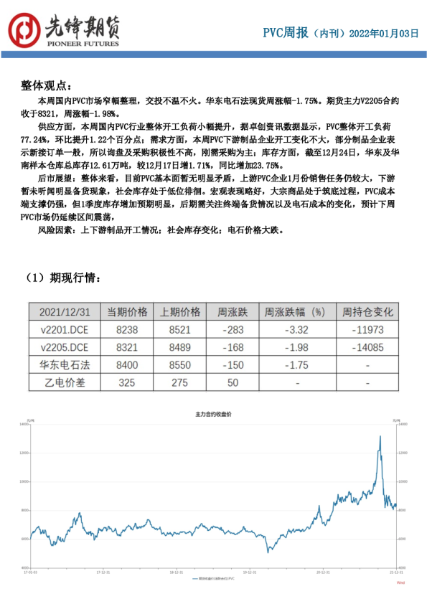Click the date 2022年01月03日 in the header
pos(383,33)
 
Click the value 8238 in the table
pos(126,329)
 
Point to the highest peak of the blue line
pos(380,436)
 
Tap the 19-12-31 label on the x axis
pos(249,572)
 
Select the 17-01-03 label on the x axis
pos(30,572)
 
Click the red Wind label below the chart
pos(400,583)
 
